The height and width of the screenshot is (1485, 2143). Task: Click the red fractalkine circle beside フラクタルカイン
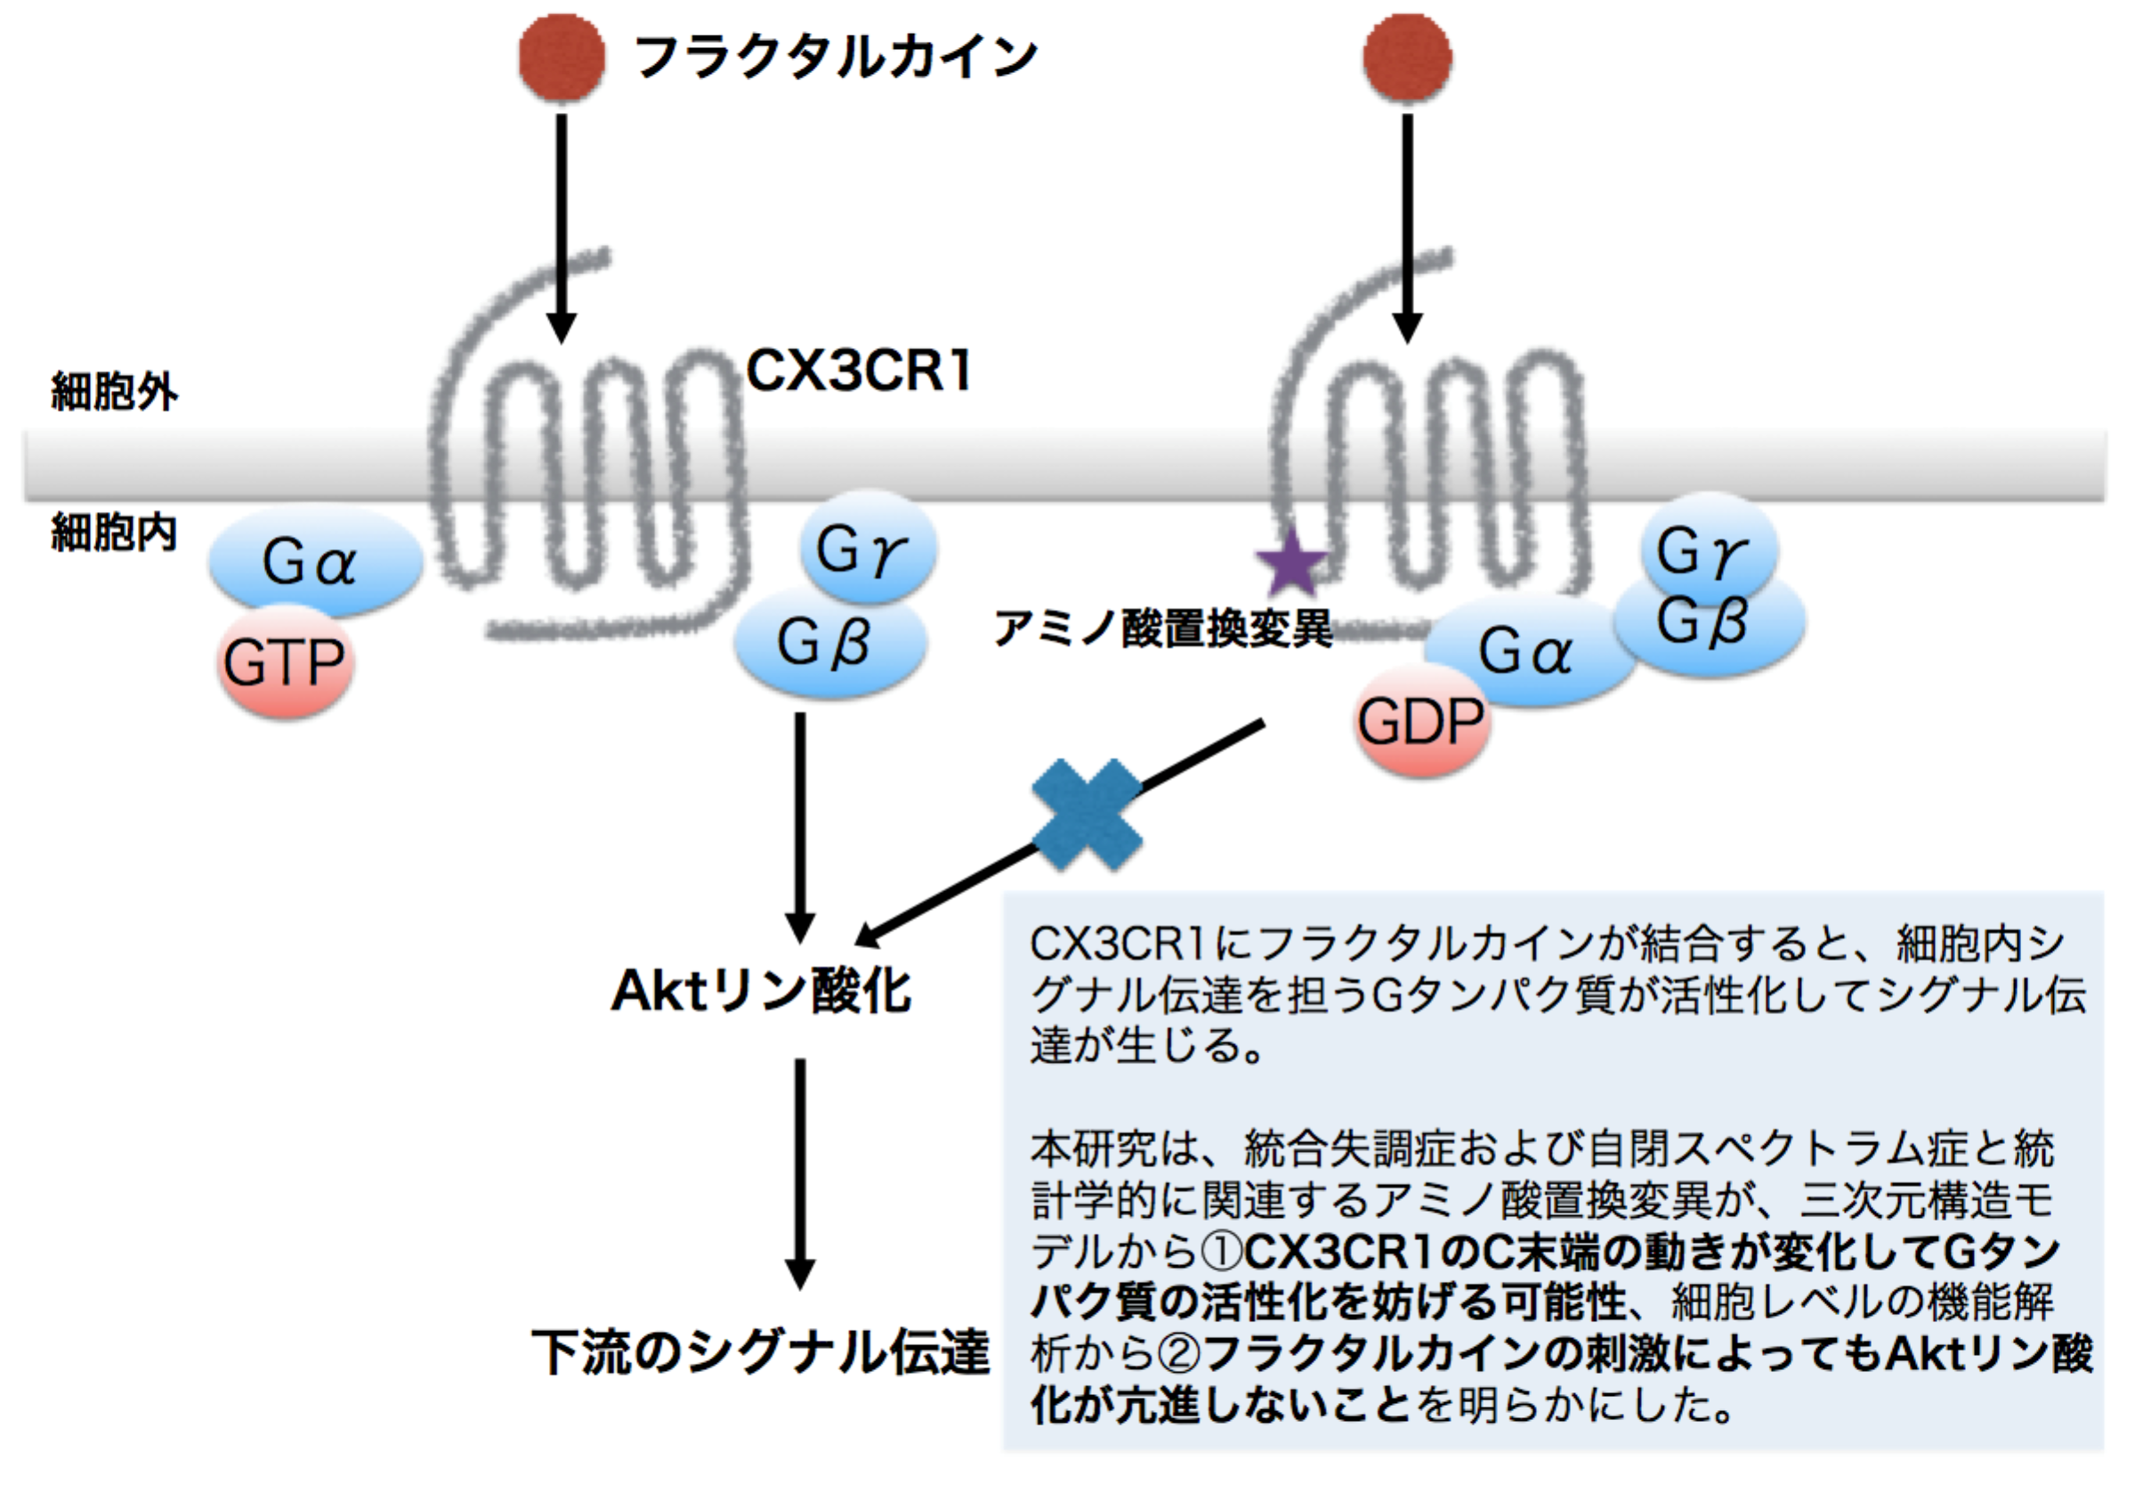(x=561, y=58)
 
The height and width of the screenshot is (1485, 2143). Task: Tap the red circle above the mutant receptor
(x=1406, y=58)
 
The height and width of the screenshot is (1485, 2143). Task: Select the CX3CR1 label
(x=859, y=371)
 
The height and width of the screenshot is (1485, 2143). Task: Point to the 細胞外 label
(x=114, y=392)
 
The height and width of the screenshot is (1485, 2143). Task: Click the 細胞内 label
(x=114, y=533)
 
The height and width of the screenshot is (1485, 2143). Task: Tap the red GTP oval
(x=285, y=662)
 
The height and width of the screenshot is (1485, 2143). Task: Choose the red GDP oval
(x=1420, y=721)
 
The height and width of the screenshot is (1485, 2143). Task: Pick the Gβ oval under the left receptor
(x=828, y=642)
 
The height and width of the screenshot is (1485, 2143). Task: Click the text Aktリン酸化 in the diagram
(x=761, y=991)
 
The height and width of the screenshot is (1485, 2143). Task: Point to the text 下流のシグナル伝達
(x=761, y=1352)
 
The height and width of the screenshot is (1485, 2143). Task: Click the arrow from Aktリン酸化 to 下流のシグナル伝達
(x=800, y=1173)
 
